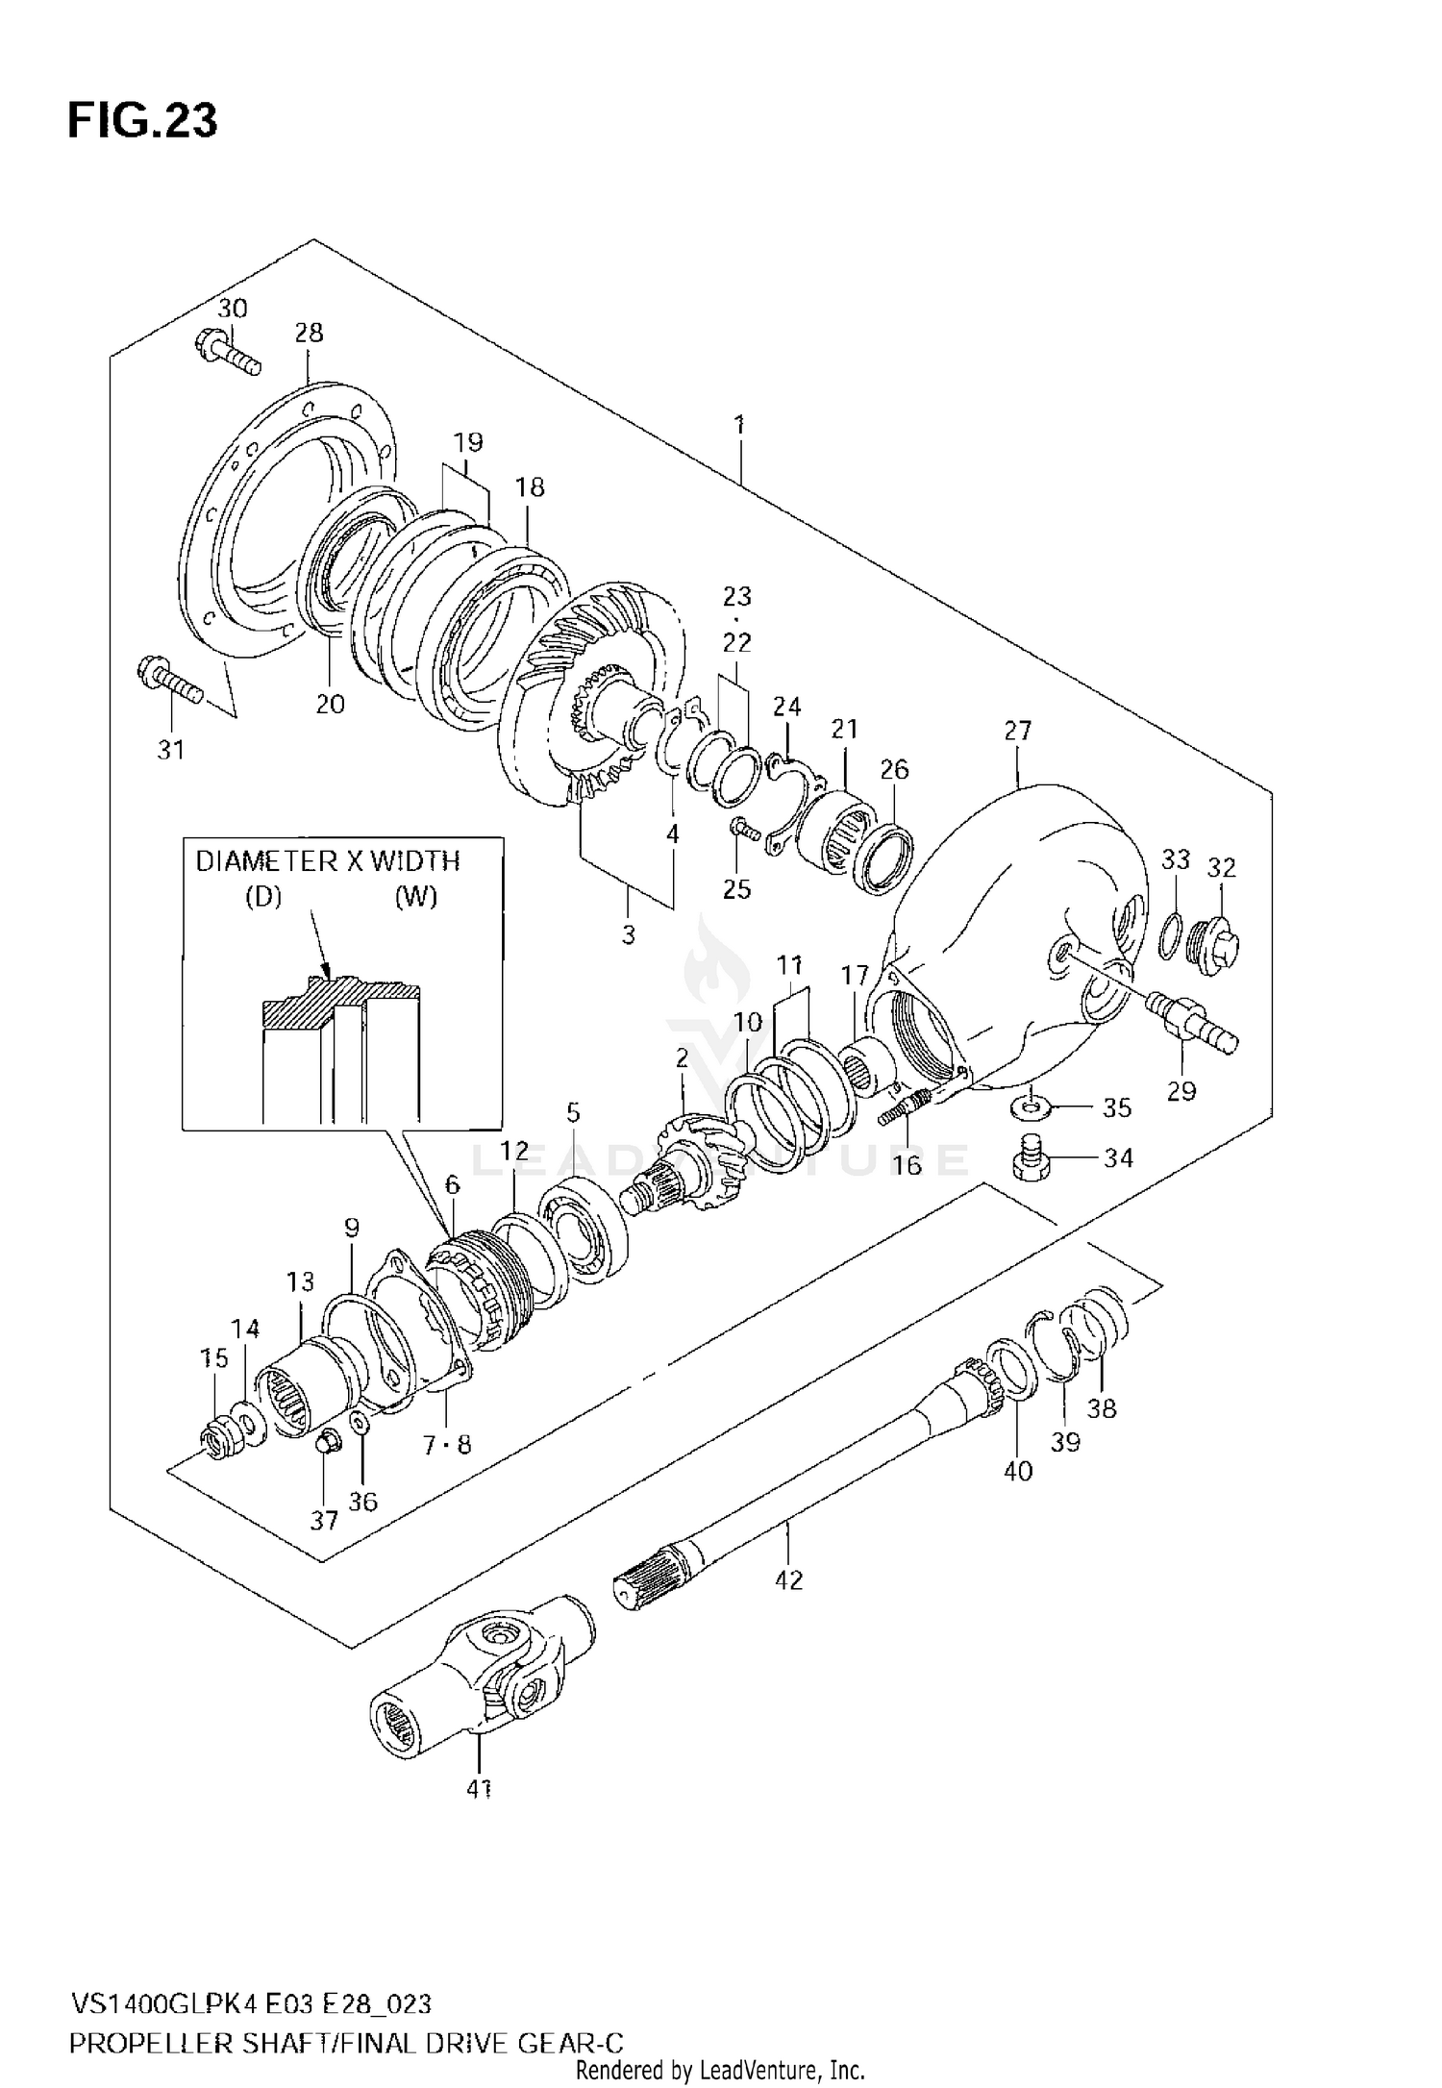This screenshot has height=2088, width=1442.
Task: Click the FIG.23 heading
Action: (142, 121)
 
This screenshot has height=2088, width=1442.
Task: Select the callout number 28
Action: (309, 333)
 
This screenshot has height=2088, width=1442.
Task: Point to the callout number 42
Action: (788, 1579)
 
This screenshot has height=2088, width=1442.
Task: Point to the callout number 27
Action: (1018, 731)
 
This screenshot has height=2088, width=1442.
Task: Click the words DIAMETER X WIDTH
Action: (328, 861)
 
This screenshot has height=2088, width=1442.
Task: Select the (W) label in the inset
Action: (415, 897)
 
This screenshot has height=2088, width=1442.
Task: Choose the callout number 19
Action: (468, 442)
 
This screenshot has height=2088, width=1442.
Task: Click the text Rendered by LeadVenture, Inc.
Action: (721, 2069)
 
